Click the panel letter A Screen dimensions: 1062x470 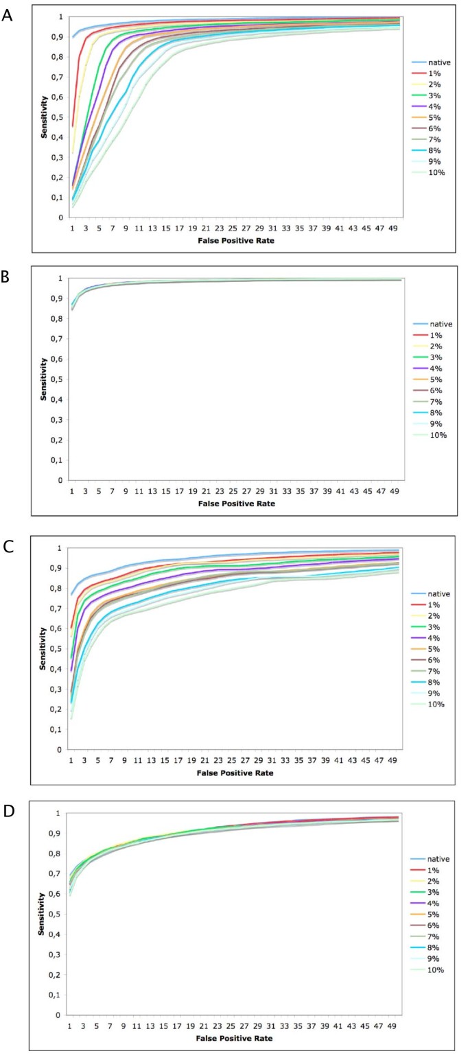click(8, 14)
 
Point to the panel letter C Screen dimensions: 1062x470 click(8, 546)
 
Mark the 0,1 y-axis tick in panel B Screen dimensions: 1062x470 click(60, 460)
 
